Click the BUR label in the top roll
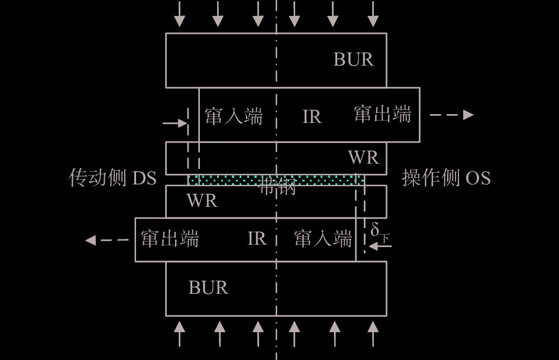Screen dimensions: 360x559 pos(353,60)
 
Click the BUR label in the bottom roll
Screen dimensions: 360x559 pos(208,288)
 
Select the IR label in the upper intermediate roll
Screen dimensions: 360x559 pos(312,117)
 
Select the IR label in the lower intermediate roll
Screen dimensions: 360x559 pos(256,239)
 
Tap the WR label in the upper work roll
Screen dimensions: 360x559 pos(363,158)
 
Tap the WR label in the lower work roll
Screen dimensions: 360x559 pos(202,201)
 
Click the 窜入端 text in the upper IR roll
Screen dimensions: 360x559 pos(234,116)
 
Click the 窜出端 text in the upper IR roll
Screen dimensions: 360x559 pos(382,114)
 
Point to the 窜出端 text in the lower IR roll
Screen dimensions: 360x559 pos(170,239)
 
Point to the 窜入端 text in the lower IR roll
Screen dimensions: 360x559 pos(323,239)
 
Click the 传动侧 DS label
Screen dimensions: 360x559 pos(112,178)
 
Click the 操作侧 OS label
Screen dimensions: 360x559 pos(446,178)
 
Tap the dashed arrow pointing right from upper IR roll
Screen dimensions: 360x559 pos(451,115)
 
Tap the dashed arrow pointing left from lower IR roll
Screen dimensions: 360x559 pos(107,240)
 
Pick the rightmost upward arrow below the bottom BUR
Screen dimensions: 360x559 pos(373,333)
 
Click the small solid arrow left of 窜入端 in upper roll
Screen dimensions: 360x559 pos(175,124)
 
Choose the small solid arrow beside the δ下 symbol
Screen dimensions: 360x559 pos(380,245)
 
